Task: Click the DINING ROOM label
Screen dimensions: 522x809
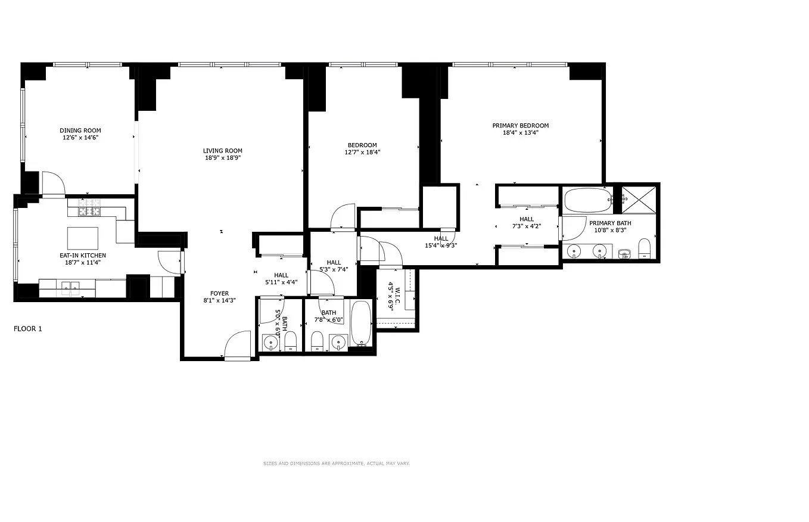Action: point(80,130)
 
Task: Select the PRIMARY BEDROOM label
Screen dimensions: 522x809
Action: point(520,126)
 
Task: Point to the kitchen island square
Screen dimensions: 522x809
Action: point(83,238)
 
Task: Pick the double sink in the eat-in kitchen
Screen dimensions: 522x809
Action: point(71,287)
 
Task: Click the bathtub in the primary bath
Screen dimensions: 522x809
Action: point(587,201)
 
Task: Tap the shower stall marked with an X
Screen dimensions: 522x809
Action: point(639,200)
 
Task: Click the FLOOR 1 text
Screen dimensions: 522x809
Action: point(28,328)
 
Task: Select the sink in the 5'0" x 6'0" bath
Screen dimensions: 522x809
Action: point(271,343)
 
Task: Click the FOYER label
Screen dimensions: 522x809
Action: point(219,293)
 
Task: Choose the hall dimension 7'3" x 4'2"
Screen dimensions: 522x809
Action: point(526,226)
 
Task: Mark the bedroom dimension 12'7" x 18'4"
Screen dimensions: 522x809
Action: point(362,153)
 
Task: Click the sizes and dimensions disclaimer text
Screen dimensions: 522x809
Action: point(337,463)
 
